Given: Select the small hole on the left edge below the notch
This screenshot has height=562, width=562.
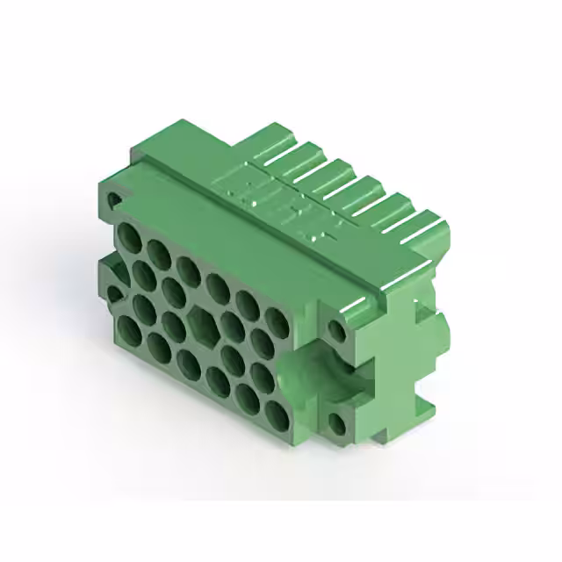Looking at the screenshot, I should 114,294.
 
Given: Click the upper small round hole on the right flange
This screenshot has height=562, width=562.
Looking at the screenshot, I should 336,330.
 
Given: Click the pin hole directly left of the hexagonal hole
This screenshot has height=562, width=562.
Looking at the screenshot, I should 173,326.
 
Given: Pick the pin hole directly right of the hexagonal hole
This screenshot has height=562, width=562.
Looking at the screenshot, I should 233,326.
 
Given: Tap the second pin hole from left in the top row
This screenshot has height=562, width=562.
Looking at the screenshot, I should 159,253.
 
